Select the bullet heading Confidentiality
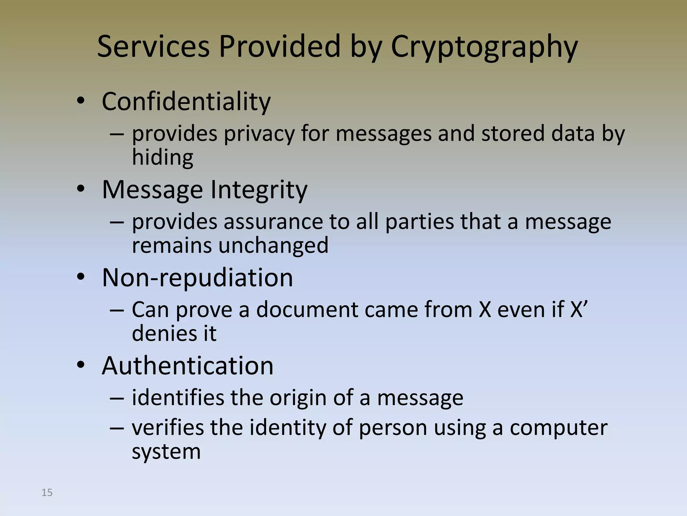pyautogui.click(x=186, y=101)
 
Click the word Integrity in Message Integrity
pyautogui.click(x=259, y=190)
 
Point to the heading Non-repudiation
pyautogui.click(x=197, y=278)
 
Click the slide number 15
pyautogui.click(x=47, y=492)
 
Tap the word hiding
pyautogui.click(x=163, y=157)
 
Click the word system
pyautogui.click(x=166, y=452)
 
